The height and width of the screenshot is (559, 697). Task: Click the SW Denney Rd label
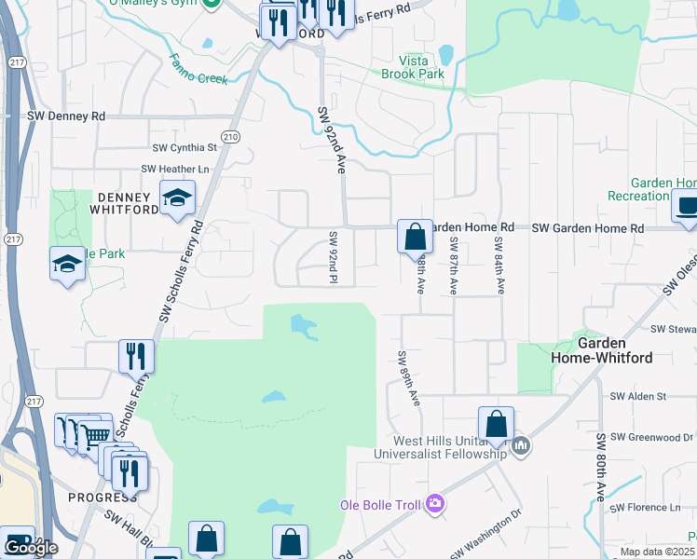65,116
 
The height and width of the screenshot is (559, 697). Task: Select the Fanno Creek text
198,71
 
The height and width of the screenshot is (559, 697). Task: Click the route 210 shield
231,137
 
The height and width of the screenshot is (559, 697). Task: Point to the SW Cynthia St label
184,147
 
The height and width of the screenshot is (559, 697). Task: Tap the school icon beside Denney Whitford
177,198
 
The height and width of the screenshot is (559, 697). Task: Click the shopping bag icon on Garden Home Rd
414,237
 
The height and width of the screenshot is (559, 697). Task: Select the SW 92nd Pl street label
332,257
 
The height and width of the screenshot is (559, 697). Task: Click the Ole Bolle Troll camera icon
434,505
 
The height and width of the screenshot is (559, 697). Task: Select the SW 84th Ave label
499,266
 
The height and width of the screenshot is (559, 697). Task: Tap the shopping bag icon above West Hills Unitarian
496,424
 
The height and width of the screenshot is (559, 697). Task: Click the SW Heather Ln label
175,169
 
